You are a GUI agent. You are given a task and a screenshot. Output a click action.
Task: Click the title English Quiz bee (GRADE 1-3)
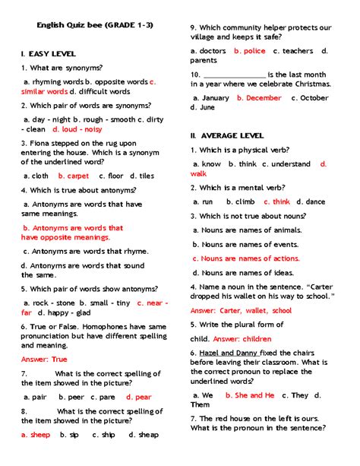coord(95,24)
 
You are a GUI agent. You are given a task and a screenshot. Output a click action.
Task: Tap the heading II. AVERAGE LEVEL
coord(228,135)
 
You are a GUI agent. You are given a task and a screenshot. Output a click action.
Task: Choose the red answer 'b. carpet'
coord(74,176)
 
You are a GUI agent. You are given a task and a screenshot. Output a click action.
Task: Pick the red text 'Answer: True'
coord(44,359)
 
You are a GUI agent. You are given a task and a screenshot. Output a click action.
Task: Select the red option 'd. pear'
coord(139,397)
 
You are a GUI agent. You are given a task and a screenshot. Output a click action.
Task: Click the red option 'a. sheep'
coord(36,435)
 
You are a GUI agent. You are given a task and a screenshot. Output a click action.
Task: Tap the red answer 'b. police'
coord(250,51)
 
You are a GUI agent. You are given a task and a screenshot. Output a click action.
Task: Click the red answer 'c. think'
coord(276,201)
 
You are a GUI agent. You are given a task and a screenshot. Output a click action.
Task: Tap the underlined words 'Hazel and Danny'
coord(228,353)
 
